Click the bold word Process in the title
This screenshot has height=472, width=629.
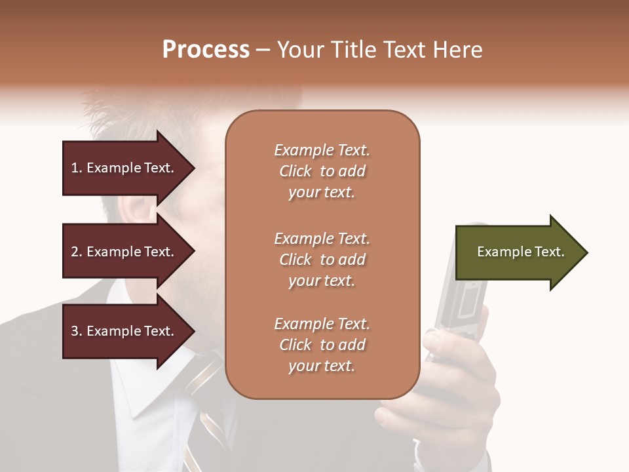[x=206, y=50]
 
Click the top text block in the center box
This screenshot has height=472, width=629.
[x=322, y=171]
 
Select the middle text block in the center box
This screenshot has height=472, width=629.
[x=322, y=260]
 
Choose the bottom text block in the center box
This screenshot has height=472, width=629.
[x=322, y=345]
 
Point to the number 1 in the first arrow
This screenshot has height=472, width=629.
[x=75, y=168]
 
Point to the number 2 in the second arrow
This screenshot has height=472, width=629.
[x=75, y=252]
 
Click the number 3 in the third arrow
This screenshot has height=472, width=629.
[x=75, y=332]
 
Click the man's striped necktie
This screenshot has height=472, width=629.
[x=210, y=406]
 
